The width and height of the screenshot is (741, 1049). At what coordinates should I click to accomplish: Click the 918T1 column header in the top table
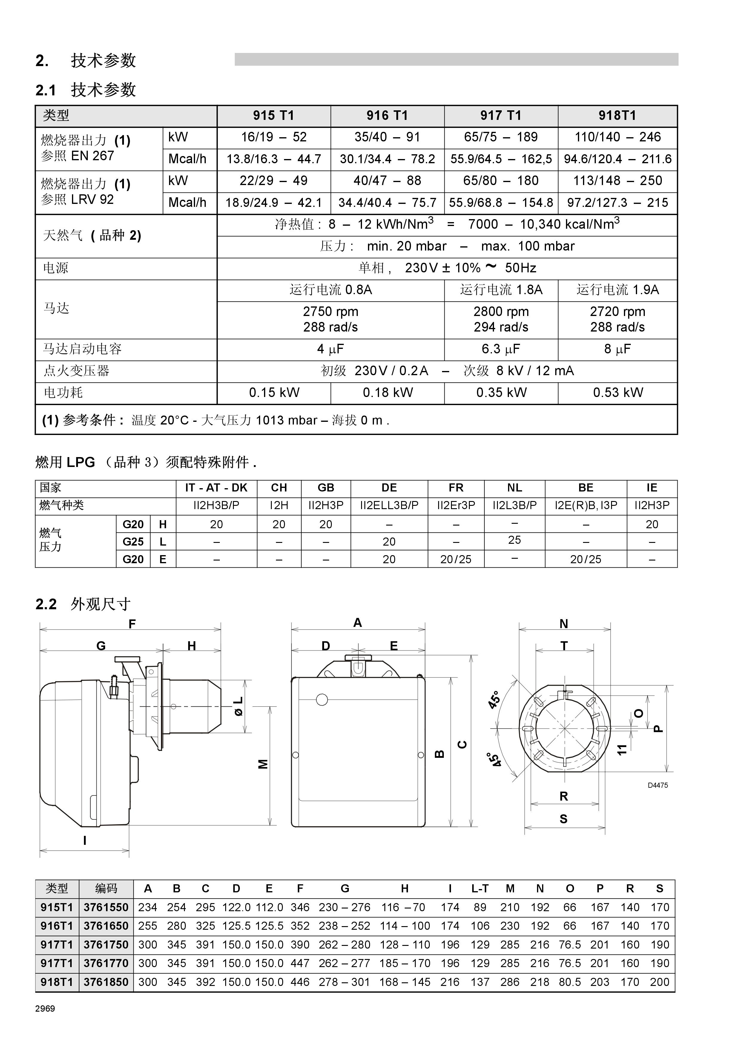coord(617,116)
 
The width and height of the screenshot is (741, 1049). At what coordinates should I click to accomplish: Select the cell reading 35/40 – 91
coord(387,137)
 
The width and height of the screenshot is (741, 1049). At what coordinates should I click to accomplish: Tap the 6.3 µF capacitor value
coord(501,349)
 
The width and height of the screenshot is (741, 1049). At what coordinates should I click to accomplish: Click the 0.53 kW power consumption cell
coord(618,393)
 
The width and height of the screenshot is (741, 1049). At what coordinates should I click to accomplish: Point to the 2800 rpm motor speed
coord(501,312)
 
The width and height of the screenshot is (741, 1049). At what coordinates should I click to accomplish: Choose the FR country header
coord(456,488)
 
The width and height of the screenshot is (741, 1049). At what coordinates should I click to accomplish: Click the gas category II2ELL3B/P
coord(389,505)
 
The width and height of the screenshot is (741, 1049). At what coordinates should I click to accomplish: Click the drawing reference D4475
coord(657,785)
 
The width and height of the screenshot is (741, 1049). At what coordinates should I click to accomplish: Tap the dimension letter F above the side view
coord(132,624)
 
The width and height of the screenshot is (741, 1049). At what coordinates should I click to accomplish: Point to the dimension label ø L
coord(238,706)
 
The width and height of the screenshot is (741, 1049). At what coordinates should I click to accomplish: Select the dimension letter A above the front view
coord(358,623)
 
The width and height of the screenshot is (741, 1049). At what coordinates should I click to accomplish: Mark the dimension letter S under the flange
coord(563,819)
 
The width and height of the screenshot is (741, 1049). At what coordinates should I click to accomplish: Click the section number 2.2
coord(46,604)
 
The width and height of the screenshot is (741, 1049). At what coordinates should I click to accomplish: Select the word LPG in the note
coord(81,462)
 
